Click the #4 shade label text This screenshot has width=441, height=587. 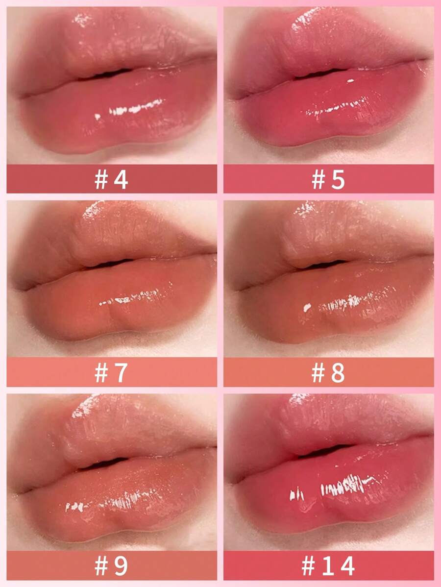coord(111,180)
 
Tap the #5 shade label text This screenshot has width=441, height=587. coord(328,180)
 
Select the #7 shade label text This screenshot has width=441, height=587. coord(111,372)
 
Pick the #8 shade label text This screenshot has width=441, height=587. coord(328,372)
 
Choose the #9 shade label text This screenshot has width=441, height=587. coord(111,565)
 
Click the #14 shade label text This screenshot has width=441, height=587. coord(328,565)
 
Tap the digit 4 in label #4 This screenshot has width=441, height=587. coord(121,180)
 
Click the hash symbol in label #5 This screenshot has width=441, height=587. coord(318,180)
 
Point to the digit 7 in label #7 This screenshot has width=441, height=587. coord(121,372)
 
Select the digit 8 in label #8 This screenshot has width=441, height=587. coord(338,372)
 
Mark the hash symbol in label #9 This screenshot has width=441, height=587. coord(101,565)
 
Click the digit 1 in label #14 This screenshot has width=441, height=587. coord(328,565)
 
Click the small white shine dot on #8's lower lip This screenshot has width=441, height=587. coord(307,307)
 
